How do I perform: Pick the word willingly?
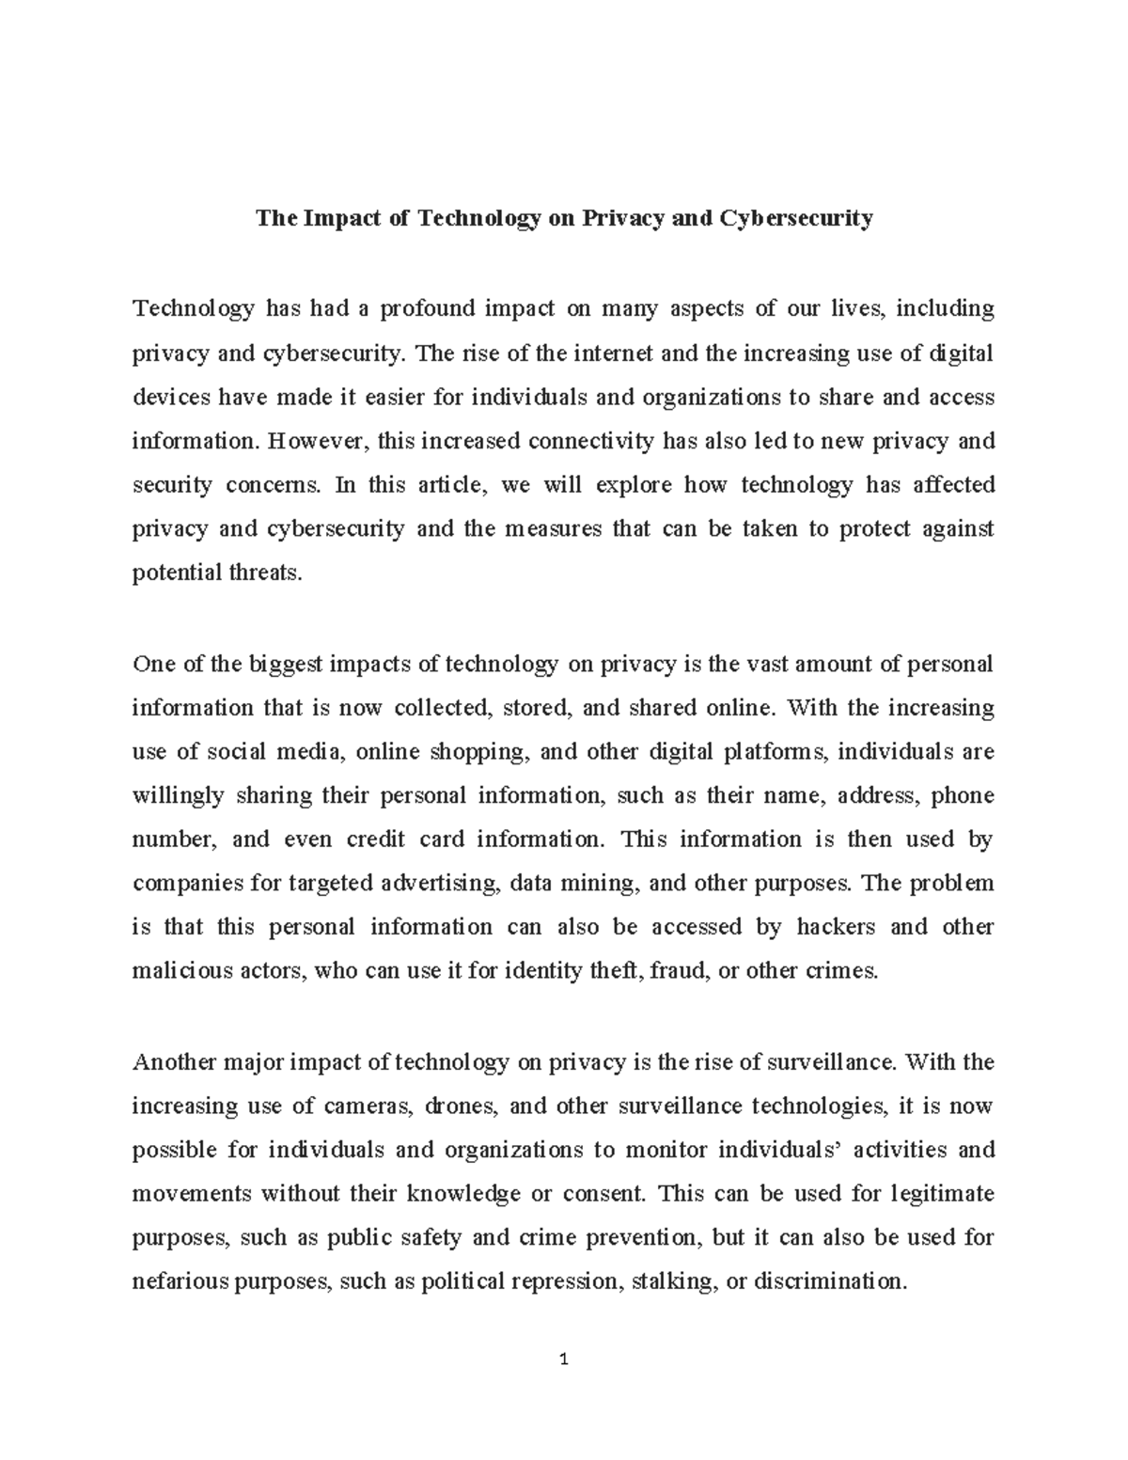coord(179,796)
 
